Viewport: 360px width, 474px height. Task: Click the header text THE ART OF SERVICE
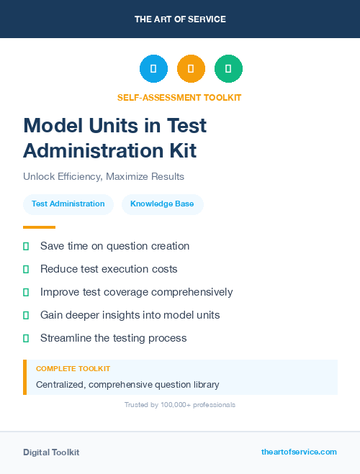(x=180, y=19)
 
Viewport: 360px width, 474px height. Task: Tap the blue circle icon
(x=153, y=69)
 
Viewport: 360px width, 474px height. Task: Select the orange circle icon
(x=191, y=69)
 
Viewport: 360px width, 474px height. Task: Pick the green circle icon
(x=228, y=69)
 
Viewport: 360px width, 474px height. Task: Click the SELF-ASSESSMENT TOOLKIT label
(x=180, y=97)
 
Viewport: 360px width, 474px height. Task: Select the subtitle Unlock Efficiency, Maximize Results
(x=104, y=176)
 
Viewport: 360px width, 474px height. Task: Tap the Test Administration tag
(x=68, y=204)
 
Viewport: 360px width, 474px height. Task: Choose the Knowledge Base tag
(x=162, y=204)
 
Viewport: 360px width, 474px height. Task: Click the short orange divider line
(x=39, y=227)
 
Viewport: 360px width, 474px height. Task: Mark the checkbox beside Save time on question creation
(x=26, y=246)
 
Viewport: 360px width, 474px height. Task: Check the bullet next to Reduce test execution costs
(x=26, y=269)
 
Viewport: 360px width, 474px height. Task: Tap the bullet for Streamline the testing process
(x=26, y=338)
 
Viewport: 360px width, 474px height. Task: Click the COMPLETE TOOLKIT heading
(x=73, y=369)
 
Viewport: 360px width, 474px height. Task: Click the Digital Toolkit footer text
(x=51, y=452)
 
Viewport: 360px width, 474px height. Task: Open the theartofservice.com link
(x=299, y=452)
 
